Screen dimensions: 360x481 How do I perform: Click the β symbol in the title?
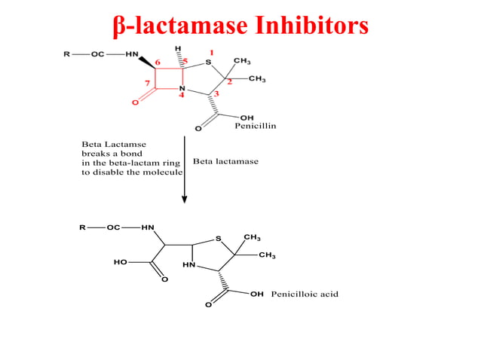tap(118, 26)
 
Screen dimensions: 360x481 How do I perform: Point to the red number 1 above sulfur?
tap(212, 52)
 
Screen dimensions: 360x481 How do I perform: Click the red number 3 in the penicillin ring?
tap(216, 93)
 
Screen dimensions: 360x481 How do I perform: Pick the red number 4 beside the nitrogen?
tap(181, 96)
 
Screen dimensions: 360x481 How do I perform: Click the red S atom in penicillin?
tap(208, 63)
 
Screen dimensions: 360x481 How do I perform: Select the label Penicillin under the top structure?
tap(255, 125)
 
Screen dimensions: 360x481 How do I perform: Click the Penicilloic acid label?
tap(305, 294)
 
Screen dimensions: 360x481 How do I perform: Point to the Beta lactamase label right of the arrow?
tap(225, 161)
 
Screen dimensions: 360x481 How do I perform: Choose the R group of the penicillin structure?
tap(66, 54)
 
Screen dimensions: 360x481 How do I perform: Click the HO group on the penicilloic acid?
tap(120, 263)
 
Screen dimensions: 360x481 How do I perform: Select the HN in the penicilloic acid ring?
tap(188, 265)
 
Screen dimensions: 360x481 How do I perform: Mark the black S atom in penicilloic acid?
tap(218, 239)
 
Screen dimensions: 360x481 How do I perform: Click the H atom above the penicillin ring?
tap(178, 48)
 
